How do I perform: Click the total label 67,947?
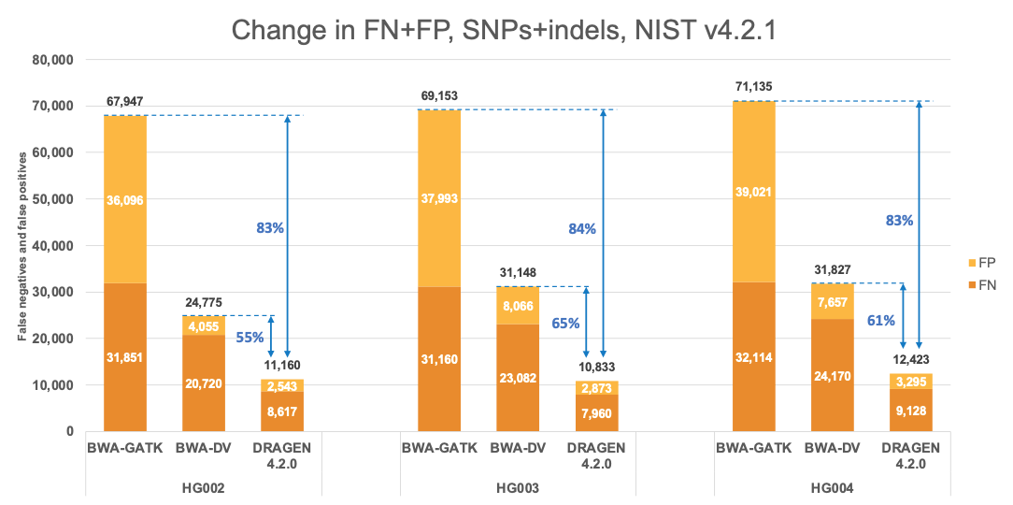point(124,101)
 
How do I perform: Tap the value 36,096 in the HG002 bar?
point(124,199)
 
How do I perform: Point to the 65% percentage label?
point(564,324)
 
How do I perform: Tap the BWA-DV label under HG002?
point(204,447)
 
